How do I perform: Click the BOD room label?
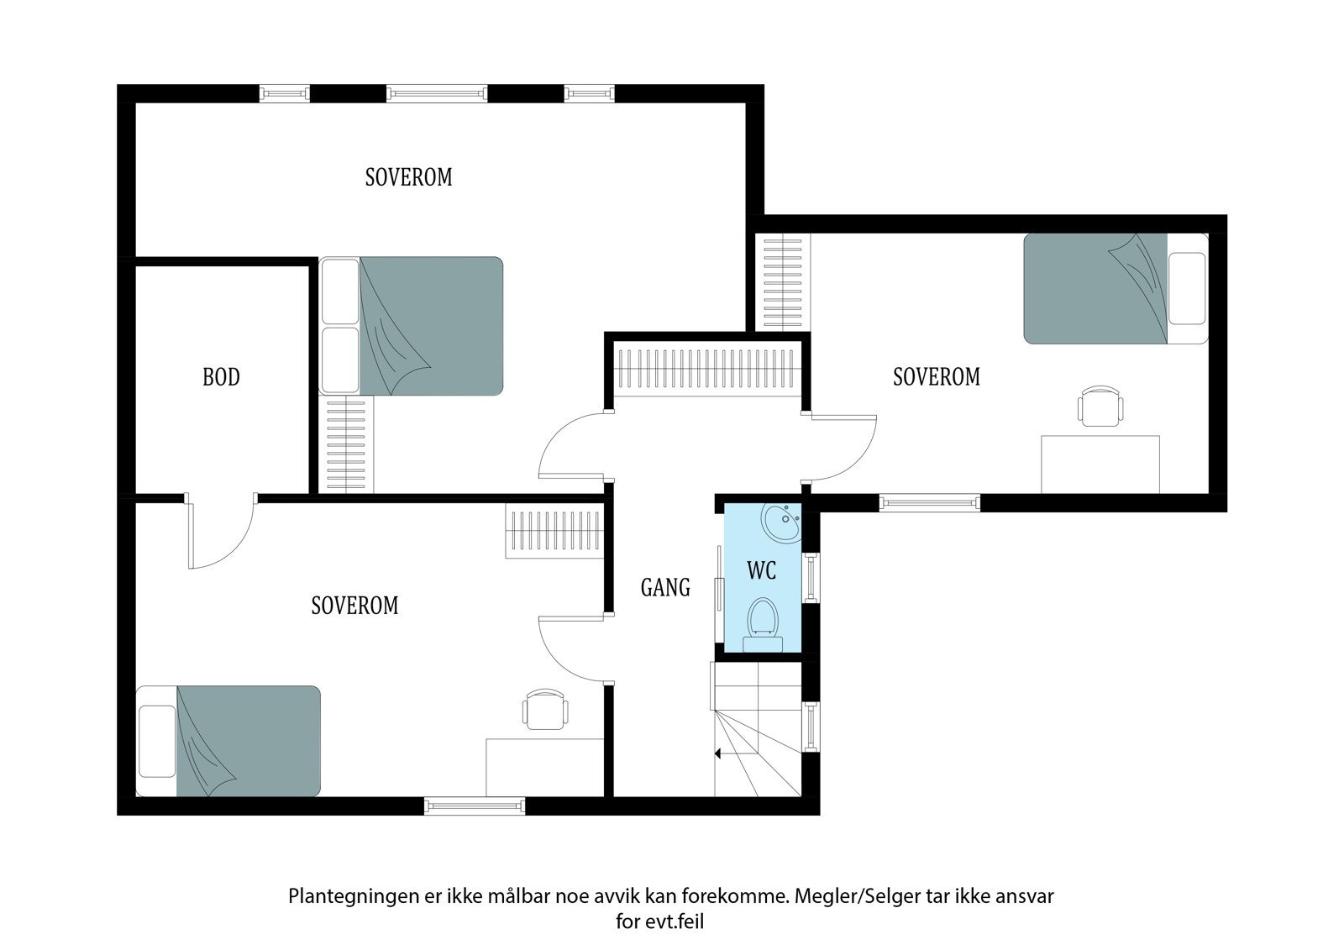click(221, 377)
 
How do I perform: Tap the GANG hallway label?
click(665, 587)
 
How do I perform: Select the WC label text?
click(762, 571)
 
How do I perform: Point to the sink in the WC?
click(780, 524)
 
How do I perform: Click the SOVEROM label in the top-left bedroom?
click(408, 177)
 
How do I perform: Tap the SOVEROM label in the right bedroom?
click(936, 377)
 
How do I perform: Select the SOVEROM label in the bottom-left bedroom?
click(354, 606)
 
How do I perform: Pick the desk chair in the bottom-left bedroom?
click(543, 709)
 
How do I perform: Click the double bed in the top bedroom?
click(412, 325)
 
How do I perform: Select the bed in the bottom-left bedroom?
click(228, 741)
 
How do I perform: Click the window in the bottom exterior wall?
click(475, 806)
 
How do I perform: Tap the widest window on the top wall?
click(437, 93)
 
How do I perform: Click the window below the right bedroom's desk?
click(929, 502)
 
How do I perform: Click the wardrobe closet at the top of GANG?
click(706, 366)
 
